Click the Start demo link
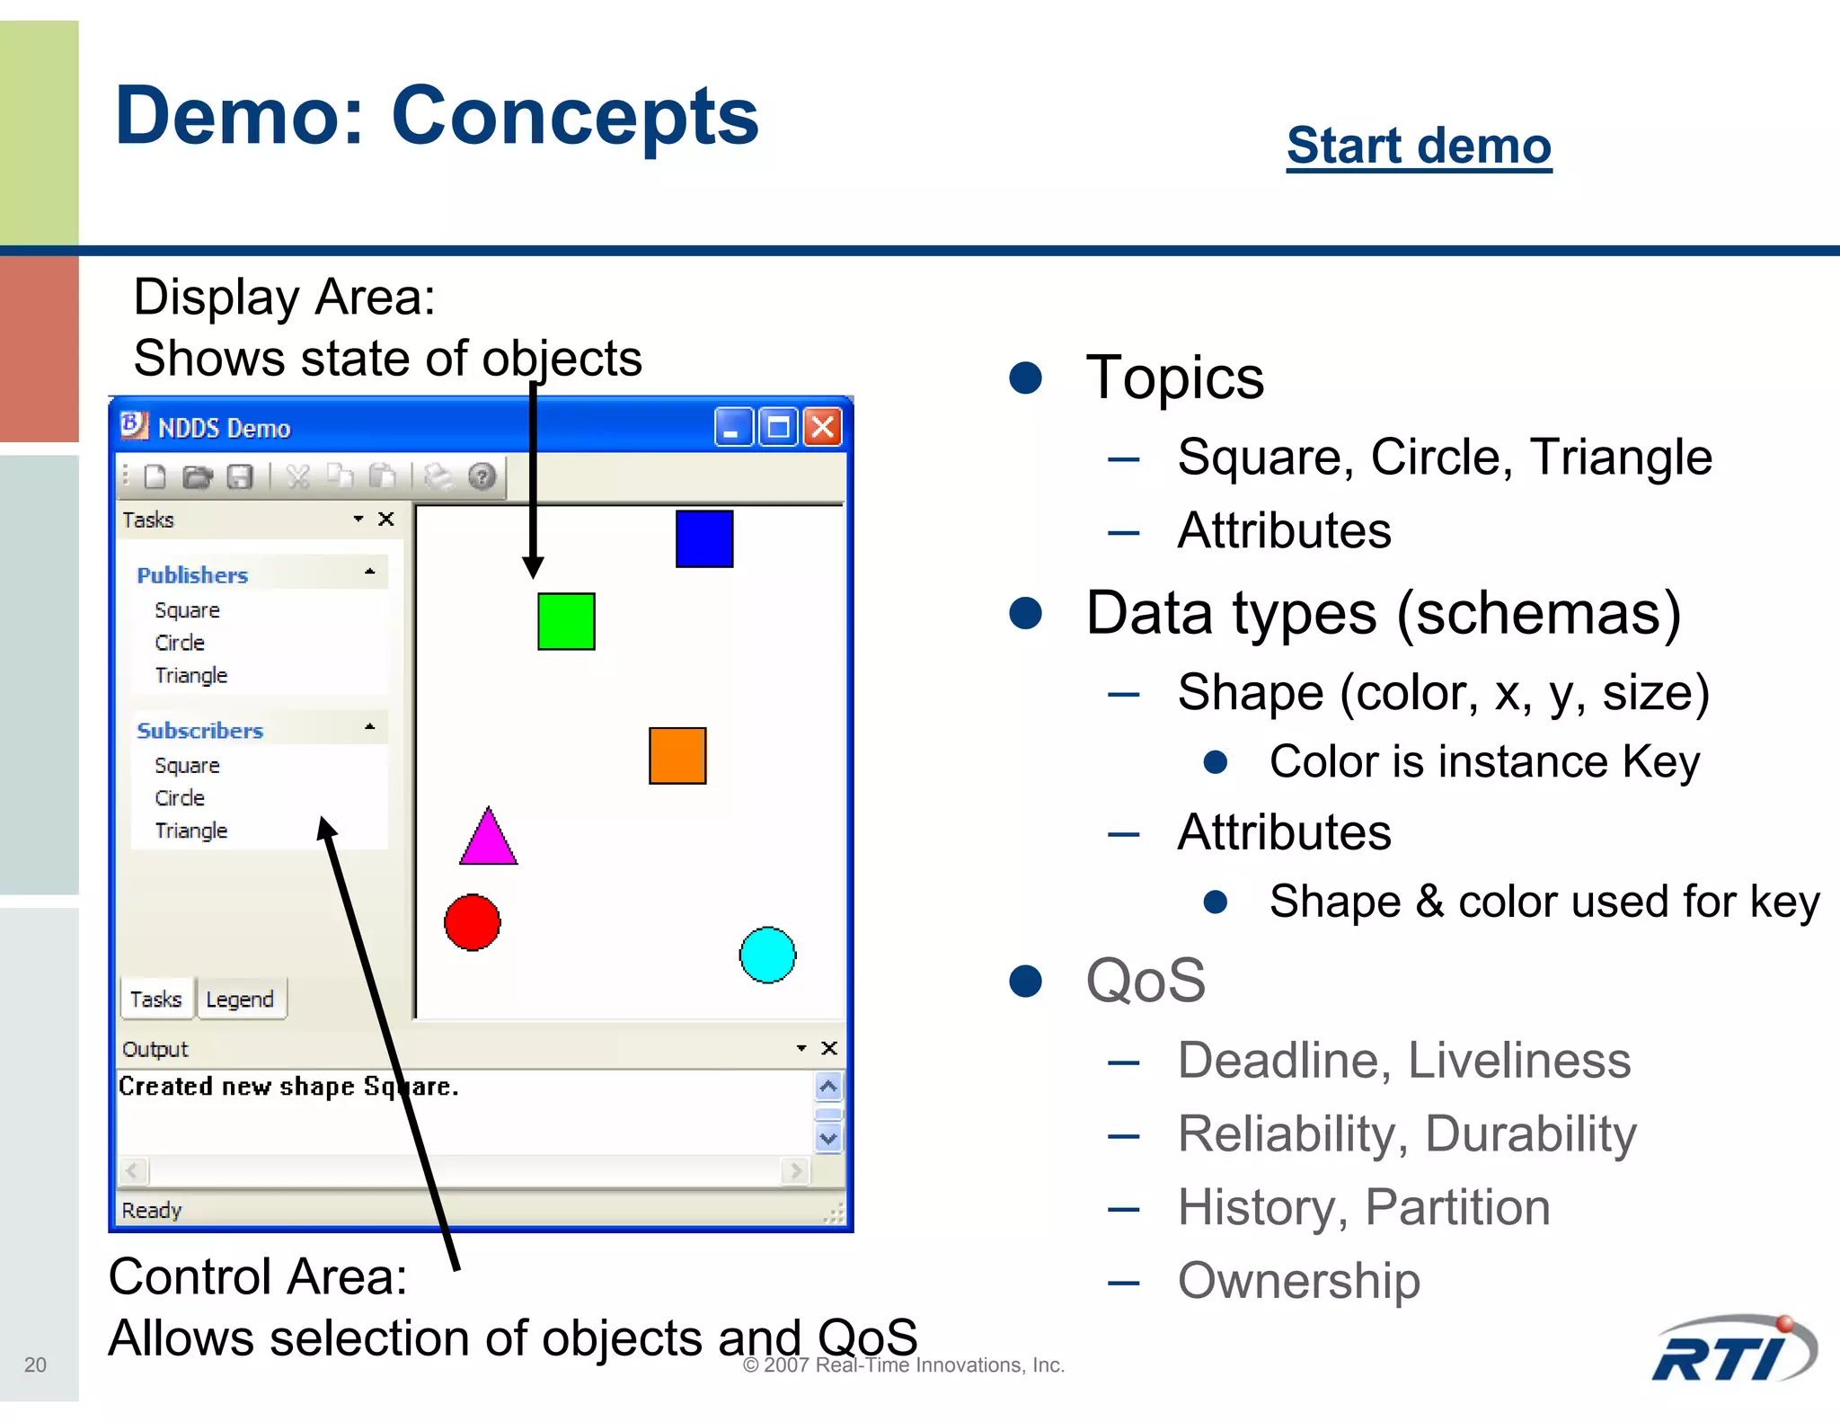click(1418, 146)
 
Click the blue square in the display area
click(703, 538)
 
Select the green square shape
click(566, 621)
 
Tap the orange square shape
click(677, 756)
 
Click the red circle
click(472, 922)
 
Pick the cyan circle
click(767, 955)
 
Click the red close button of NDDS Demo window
click(822, 427)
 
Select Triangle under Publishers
click(190, 675)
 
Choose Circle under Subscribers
click(180, 798)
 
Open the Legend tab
click(239, 1000)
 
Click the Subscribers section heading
click(199, 731)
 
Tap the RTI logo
click(1733, 1352)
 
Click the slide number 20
click(35, 1364)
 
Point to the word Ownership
click(1298, 1281)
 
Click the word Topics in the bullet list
click(1174, 378)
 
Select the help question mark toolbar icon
click(482, 476)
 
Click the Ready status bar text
click(152, 1210)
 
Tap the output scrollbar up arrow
click(828, 1087)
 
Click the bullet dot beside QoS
click(1025, 981)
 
